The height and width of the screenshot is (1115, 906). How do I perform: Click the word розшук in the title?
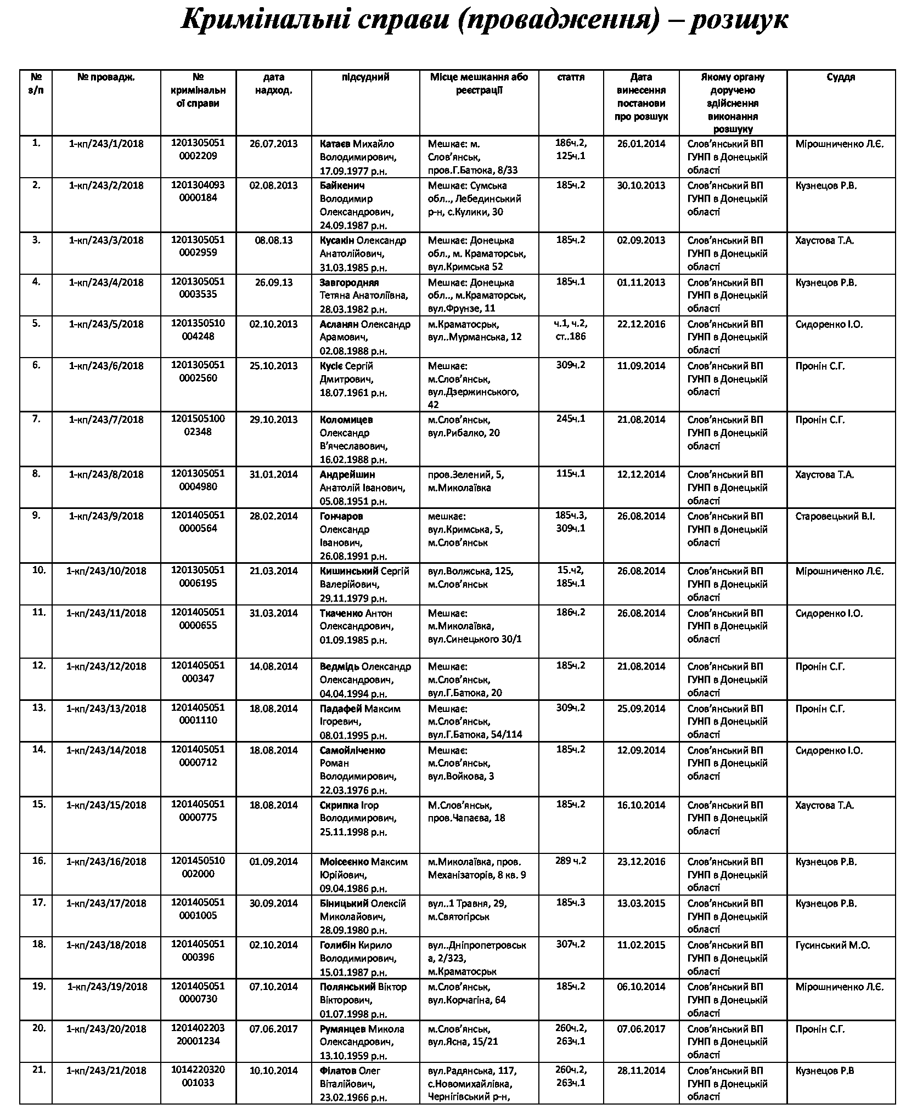pos(738,21)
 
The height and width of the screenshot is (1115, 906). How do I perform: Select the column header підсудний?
pos(365,77)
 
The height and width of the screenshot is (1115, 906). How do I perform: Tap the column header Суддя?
pos(841,77)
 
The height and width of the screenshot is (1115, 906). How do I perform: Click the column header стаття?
pos(571,77)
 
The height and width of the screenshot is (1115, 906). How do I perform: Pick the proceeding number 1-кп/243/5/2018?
pos(106,324)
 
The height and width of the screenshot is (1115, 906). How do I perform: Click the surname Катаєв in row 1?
pos(335,144)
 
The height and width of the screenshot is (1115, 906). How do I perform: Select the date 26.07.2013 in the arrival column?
pos(273,144)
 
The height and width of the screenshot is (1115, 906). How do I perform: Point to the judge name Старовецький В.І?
pos(835,516)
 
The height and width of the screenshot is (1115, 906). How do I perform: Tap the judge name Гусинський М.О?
pos(832,945)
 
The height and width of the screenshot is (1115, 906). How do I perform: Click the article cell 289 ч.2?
pos(571,861)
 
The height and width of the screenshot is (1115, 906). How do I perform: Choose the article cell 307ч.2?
pos(571,944)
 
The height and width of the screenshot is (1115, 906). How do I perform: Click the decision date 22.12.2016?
pos(641,324)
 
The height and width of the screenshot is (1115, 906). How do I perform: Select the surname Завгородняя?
pos(349,282)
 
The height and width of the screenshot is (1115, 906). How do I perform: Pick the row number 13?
pos(38,708)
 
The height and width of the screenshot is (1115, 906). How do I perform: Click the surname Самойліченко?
pos(352,750)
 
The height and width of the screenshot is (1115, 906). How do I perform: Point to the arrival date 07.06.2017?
pos(273,1029)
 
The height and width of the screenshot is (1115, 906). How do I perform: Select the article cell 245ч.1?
pos(571,419)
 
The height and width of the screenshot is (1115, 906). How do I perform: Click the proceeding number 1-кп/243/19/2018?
pos(107,987)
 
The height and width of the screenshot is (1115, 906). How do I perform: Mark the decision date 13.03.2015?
pos(641,903)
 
